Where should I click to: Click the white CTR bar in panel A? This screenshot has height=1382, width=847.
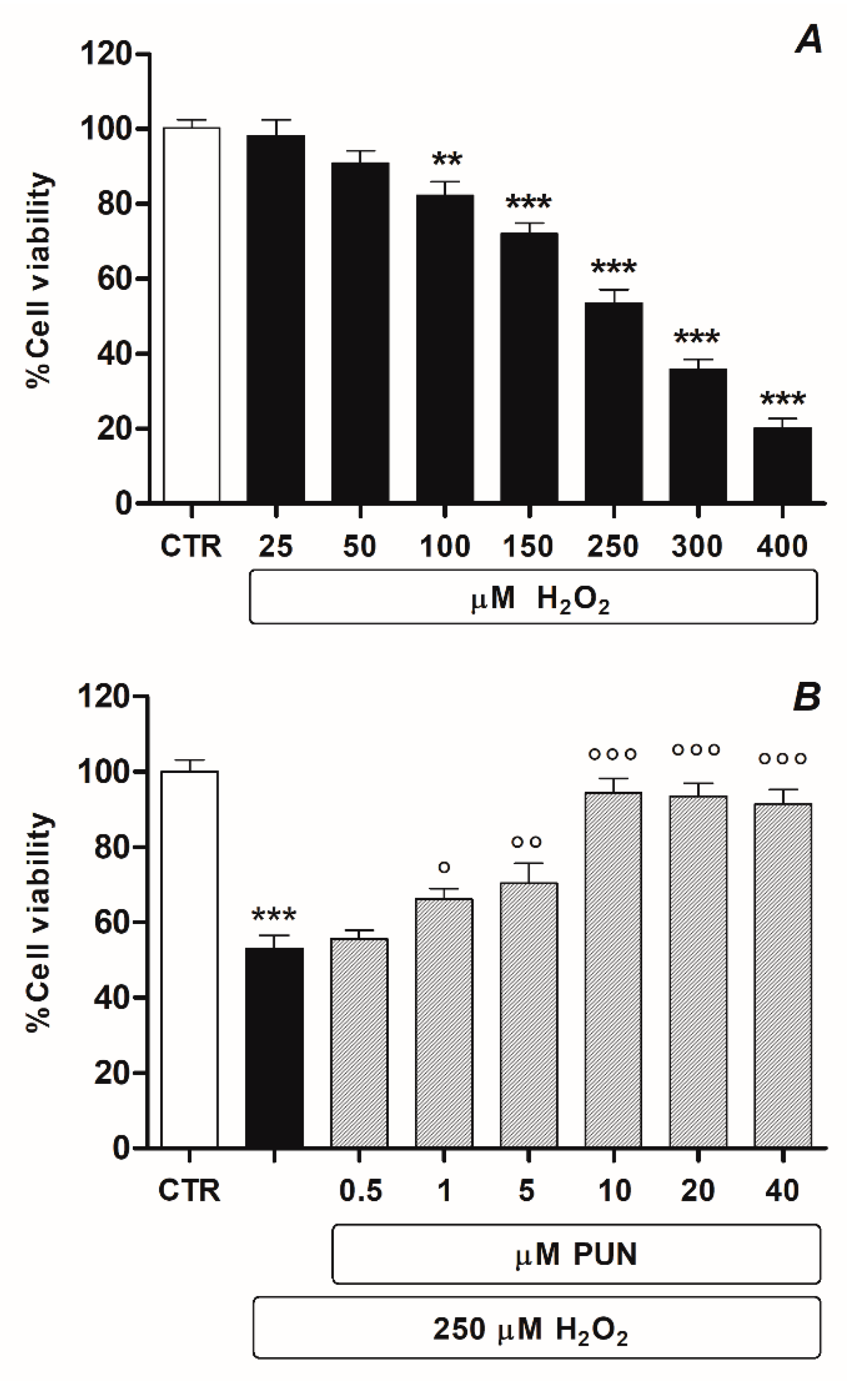(x=191, y=314)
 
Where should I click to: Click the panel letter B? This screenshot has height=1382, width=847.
(x=807, y=697)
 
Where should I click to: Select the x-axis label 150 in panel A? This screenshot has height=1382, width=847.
(x=528, y=546)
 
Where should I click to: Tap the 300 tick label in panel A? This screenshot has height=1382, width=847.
(x=697, y=546)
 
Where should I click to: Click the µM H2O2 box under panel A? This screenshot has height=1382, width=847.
(x=533, y=597)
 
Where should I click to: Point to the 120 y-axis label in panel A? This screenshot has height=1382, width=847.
(x=106, y=54)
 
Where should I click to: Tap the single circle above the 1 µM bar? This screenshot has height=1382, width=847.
(x=444, y=867)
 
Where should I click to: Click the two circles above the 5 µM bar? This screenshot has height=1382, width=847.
(x=527, y=842)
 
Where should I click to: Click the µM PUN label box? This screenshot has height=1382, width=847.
(x=576, y=1254)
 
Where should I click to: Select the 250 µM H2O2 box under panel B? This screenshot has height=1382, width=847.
(x=536, y=1328)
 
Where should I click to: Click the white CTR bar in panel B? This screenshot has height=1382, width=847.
(x=190, y=958)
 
